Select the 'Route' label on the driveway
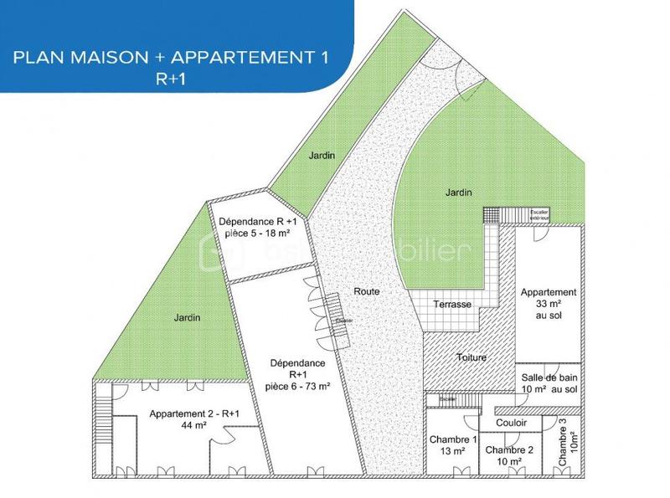point(368,291)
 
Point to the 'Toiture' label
point(471,357)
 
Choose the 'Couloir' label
point(511,423)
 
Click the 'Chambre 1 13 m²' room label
point(453,446)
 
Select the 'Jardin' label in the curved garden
point(457,193)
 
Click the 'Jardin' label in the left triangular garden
point(188,318)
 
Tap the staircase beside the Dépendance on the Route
point(340,321)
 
